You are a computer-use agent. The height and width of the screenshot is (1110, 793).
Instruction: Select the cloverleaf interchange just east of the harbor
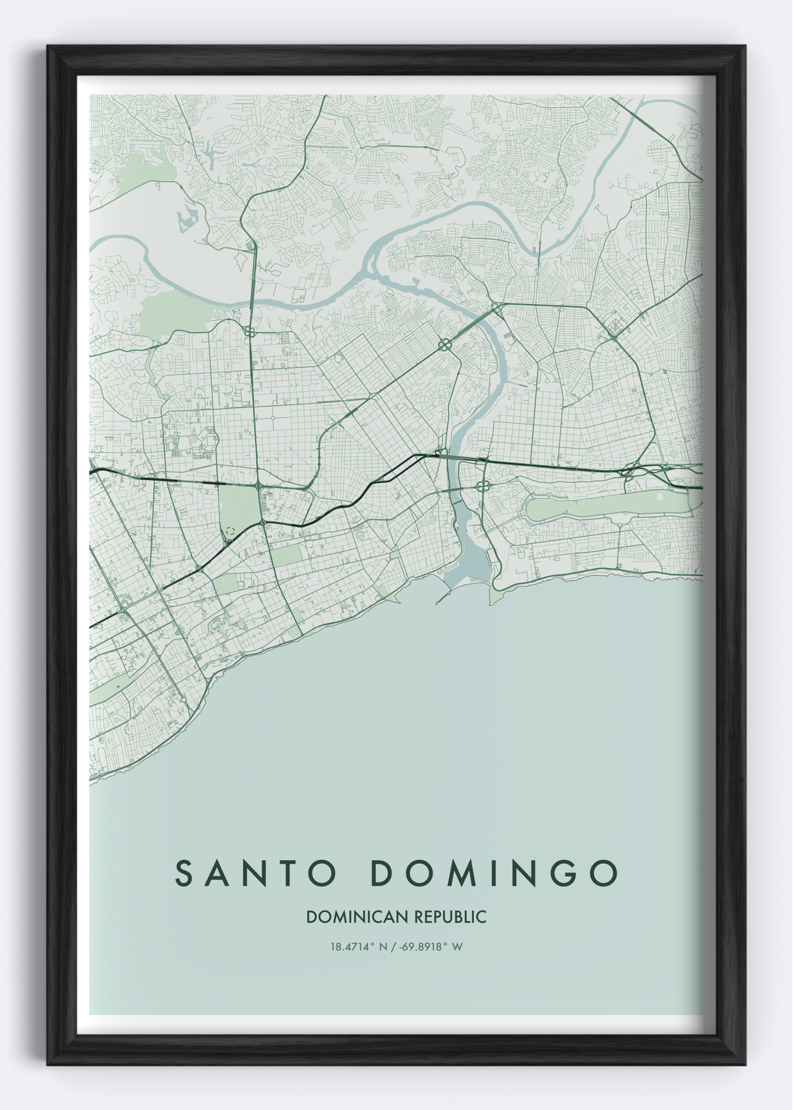pyautogui.click(x=483, y=485)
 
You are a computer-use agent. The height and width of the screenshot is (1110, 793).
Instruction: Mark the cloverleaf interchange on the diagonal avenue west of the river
pyautogui.click(x=445, y=345)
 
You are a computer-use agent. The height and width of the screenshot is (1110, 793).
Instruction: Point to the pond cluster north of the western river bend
pyautogui.click(x=187, y=218)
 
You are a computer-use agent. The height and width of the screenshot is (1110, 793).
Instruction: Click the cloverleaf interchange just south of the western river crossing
pyautogui.click(x=249, y=332)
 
